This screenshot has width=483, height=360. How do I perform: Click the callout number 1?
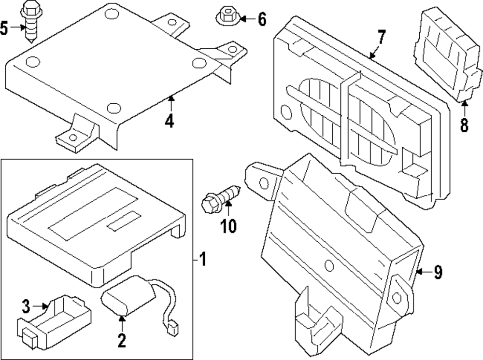click(203, 261)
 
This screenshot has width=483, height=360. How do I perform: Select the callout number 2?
click(121, 341)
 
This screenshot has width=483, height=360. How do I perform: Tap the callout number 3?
click(26, 305)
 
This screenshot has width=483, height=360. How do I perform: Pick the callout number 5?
click(4, 28)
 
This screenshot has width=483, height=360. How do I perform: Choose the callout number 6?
click(261, 20)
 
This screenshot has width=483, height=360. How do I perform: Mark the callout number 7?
click(381, 37)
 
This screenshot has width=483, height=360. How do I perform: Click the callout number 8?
click(464, 125)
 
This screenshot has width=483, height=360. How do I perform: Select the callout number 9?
click(438, 273)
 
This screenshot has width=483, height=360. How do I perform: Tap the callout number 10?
click(228, 225)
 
